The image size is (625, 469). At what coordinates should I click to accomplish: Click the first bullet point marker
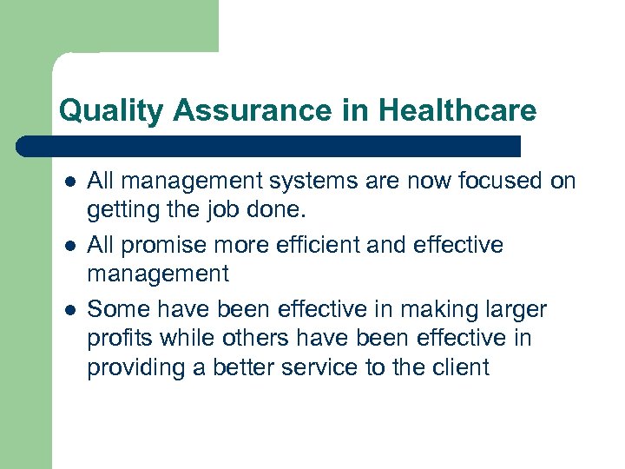(x=68, y=182)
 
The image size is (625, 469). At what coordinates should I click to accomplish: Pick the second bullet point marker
(x=68, y=246)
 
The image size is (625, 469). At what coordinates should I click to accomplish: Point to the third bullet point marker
(x=68, y=310)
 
